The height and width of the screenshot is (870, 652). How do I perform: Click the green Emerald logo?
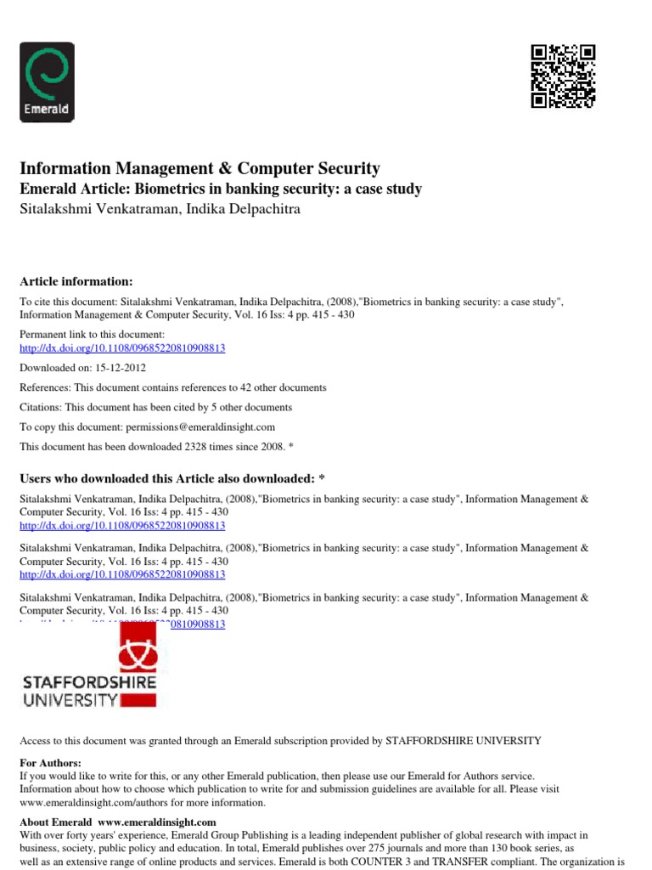47,82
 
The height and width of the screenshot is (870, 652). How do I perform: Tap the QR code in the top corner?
563,76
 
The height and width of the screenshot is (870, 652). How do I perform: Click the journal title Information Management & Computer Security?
200,168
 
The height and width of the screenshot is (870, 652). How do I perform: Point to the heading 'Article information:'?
76,281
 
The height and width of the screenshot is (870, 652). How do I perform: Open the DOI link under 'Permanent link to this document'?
122,348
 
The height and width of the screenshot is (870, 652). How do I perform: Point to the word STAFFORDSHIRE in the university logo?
88,682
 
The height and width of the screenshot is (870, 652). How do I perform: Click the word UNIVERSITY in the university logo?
70,701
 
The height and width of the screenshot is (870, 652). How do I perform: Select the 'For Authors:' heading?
50,763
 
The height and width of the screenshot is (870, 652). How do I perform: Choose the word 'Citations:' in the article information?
42,407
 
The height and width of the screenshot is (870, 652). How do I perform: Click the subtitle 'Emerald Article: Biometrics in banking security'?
220,189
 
